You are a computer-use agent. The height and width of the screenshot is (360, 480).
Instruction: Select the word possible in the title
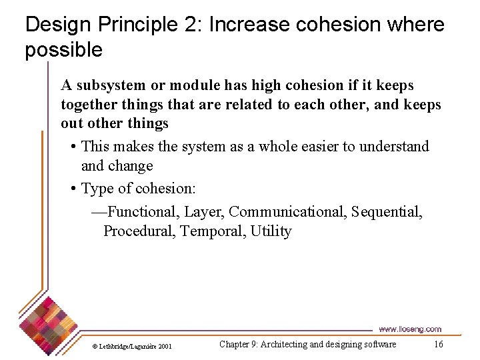tap(64, 50)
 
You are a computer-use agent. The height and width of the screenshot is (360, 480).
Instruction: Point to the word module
tap(195, 85)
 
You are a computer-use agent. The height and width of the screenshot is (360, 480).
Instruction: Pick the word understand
tap(394, 146)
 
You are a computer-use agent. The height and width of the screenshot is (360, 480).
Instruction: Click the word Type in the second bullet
tap(97, 189)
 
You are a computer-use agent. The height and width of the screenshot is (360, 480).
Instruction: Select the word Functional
tap(143, 212)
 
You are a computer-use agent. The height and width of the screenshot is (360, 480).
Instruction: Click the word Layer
tap(204, 212)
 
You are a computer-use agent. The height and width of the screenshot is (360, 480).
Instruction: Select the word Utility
tap(271, 231)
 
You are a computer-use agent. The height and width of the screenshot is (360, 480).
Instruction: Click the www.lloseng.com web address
tap(410, 329)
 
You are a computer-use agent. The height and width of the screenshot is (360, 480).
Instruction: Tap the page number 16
tap(438, 344)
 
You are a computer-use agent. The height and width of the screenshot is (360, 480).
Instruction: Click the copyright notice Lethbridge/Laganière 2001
tap(133, 346)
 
